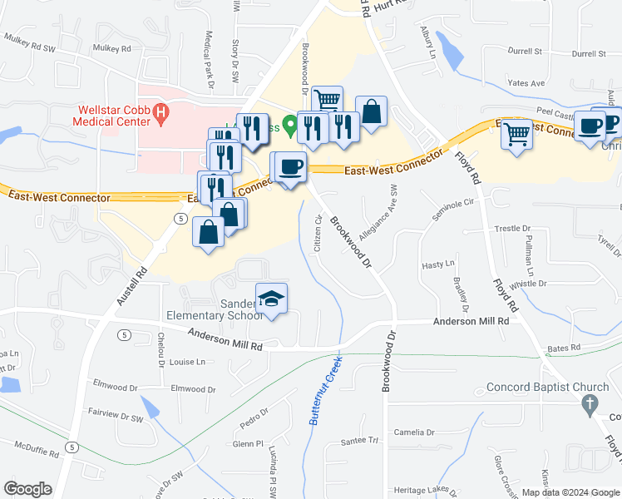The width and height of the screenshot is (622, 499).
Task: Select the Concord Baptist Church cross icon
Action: tap(589, 403)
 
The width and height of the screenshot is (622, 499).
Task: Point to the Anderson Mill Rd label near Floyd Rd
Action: tap(470, 321)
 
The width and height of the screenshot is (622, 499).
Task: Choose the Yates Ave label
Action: tap(526, 83)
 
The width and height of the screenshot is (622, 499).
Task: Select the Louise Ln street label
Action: tap(186, 362)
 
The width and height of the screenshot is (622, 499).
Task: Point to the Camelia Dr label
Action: tap(414, 432)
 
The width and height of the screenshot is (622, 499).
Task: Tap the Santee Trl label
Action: tap(362, 440)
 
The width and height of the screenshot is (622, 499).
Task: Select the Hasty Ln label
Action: tap(438, 264)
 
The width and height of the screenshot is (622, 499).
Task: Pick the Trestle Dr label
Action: tap(512, 228)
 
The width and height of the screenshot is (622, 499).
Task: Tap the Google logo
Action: tap(28, 489)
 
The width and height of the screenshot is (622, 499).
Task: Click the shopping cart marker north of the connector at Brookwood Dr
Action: tap(328, 101)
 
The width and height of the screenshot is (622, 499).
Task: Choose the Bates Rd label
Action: tap(563, 348)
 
